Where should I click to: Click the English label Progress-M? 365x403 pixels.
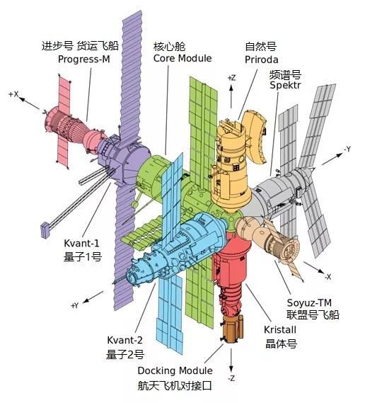[84, 59]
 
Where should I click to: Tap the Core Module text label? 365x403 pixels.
[182, 58]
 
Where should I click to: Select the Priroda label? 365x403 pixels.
[261, 59]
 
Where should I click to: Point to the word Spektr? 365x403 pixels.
[285, 85]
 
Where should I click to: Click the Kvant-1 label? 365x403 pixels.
[81, 243]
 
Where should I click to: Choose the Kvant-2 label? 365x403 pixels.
[124, 340]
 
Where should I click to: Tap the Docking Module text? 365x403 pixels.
[175, 370]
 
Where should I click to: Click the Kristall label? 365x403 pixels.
[280, 330]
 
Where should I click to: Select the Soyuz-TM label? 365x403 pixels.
[309, 302]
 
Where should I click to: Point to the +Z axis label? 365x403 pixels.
[231, 78]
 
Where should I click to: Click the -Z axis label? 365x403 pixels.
[231, 378]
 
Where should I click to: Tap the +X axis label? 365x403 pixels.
[13, 94]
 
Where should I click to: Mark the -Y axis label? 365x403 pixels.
[347, 149]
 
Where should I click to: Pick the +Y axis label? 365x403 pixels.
[74, 305]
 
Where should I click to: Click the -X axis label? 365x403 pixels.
[328, 277]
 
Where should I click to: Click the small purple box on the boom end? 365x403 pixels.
[45, 229]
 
